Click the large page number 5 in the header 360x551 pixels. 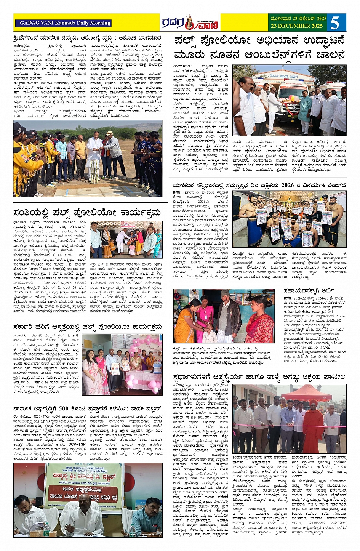[x=335, y=22]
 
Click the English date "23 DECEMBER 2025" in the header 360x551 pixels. [x=296, y=26]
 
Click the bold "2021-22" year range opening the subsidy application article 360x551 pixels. [x=298, y=298]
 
